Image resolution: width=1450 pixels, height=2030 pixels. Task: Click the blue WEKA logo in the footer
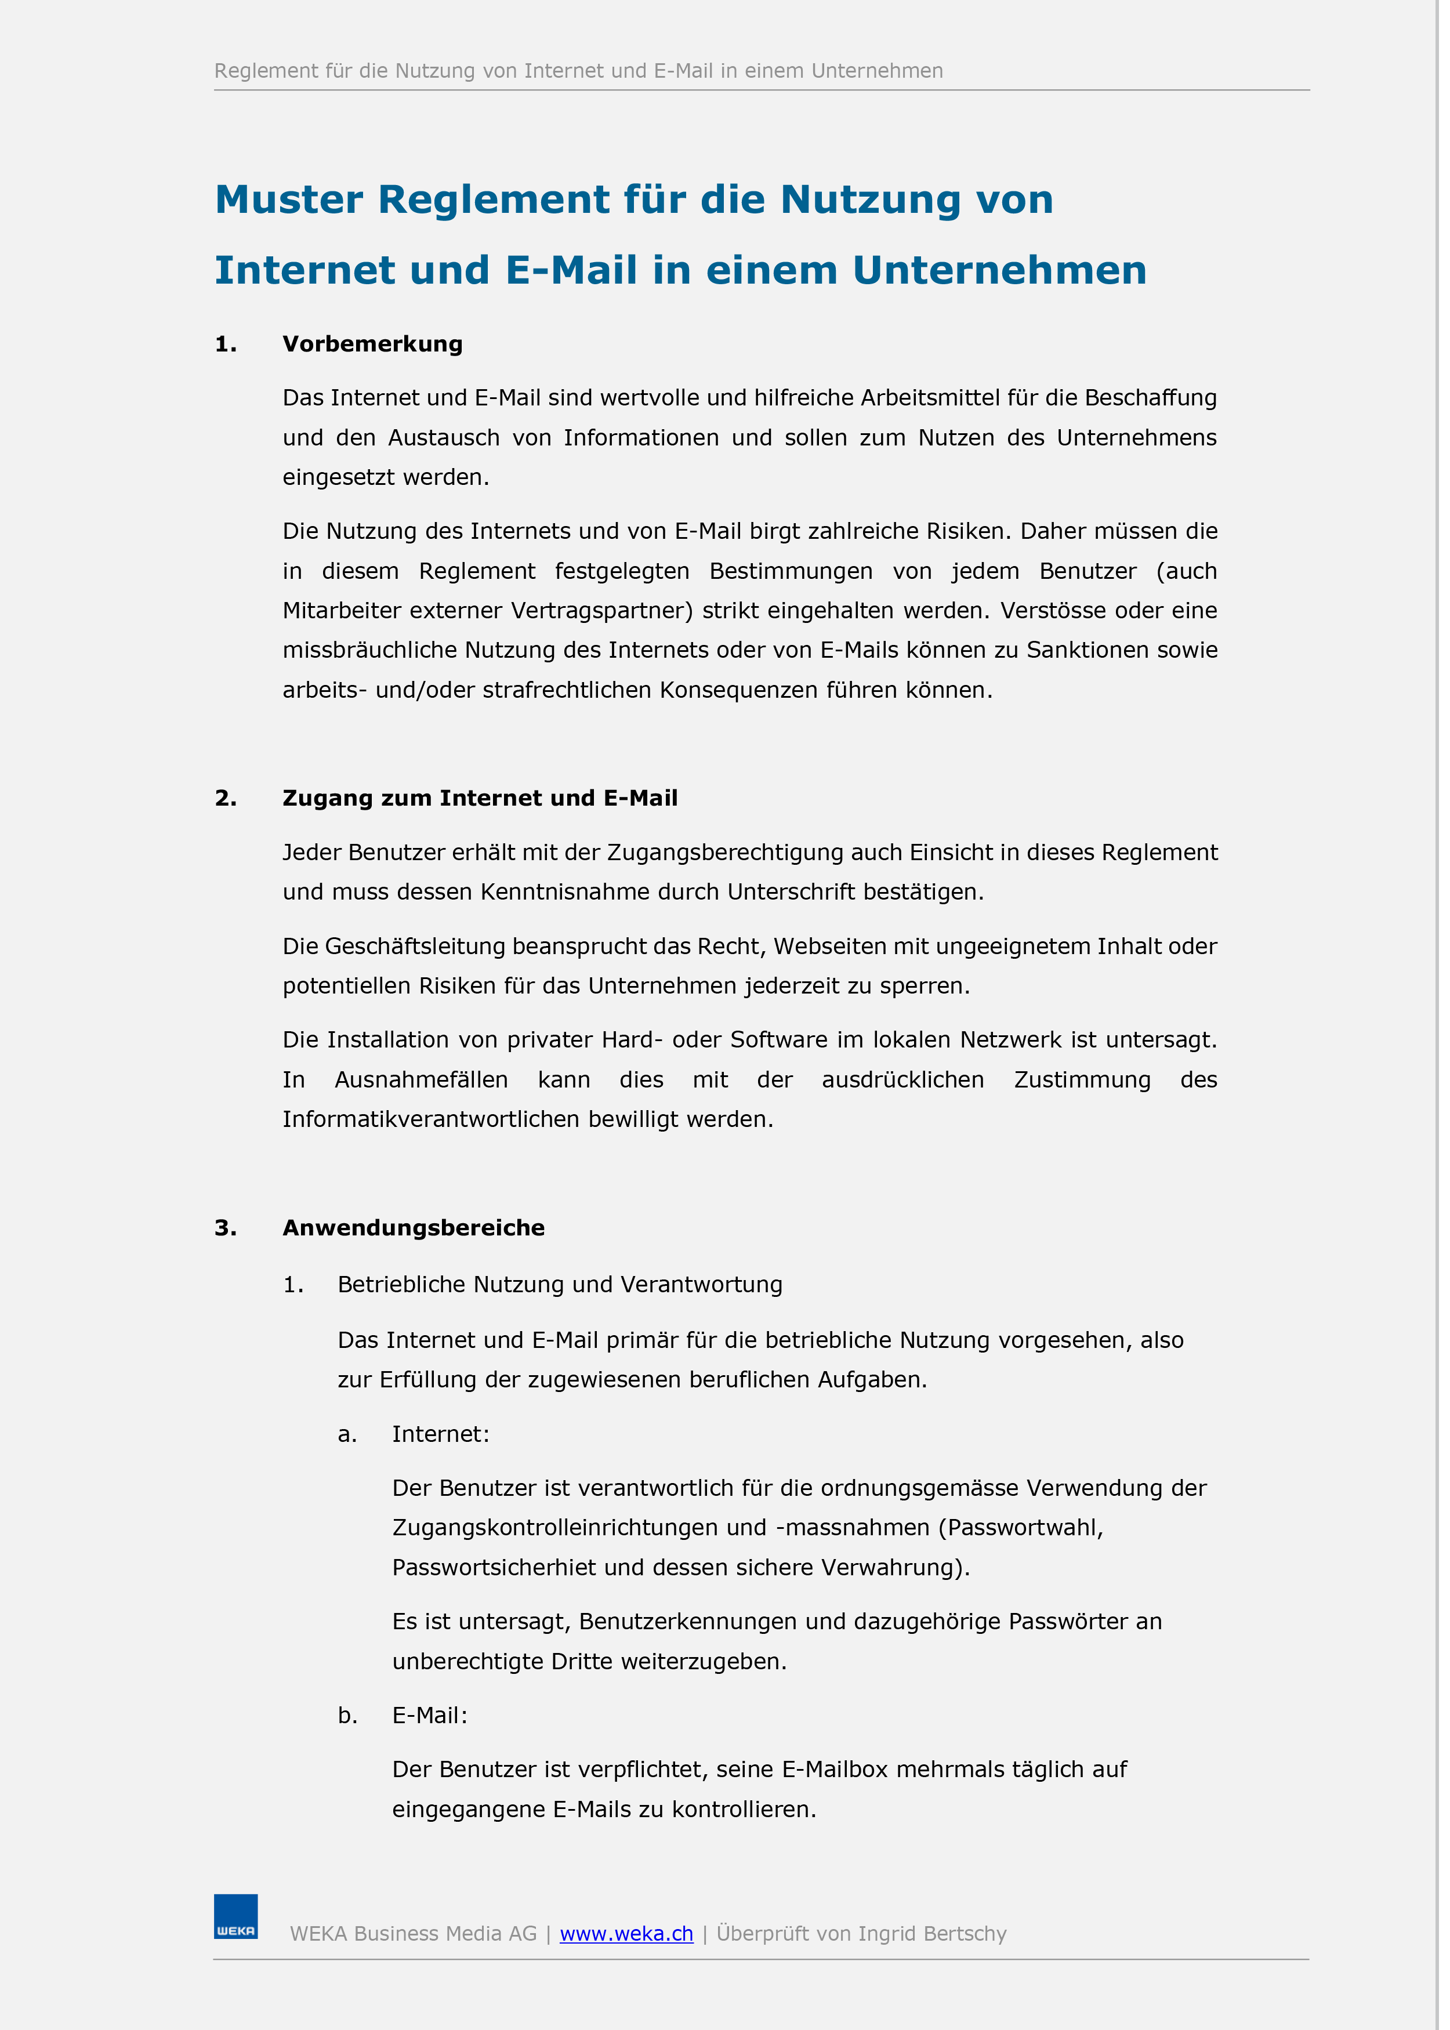235,1917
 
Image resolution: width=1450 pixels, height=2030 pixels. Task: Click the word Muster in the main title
288,200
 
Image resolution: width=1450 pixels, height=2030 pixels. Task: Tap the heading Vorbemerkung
372,345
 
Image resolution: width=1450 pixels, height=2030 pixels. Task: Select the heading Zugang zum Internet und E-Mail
480,798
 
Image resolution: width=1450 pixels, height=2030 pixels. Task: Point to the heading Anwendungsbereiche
414,1227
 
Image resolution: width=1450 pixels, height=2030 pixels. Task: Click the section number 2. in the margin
226,798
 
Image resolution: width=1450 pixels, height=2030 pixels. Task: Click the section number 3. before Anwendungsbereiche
226,1227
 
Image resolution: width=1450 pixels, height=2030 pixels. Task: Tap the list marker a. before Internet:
347,1434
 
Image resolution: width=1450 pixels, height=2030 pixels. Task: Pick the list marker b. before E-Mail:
347,1716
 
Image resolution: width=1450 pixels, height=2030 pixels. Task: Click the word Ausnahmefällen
420,1080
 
